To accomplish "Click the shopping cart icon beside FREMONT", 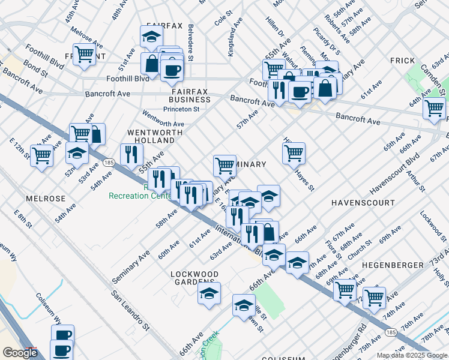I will click(x=85, y=54).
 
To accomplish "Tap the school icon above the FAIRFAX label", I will click(x=151, y=36).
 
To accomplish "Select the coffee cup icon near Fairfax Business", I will click(x=172, y=70).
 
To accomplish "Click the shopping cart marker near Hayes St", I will click(x=294, y=153).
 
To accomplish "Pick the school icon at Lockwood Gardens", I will click(x=209, y=293).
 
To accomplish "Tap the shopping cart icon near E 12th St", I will click(x=41, y=155).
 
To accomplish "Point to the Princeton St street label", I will click(x=181, y=109).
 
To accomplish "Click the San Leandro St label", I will click(x=130, y=311).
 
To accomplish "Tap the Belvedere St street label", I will click(x=190, y=42).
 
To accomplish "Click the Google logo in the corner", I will click(x=19, y=353).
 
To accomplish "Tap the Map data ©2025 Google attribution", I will click(x=411, y=355).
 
